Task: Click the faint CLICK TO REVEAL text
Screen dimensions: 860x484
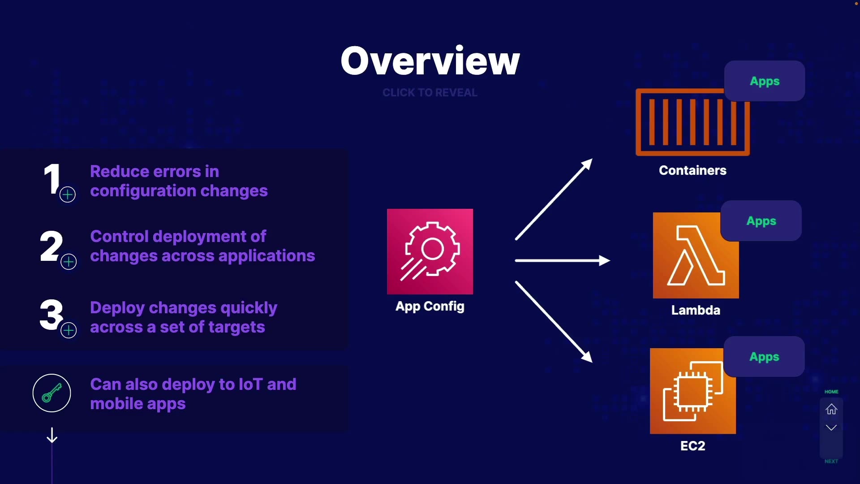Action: tap(430, 93)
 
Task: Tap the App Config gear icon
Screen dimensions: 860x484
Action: tap(430, 251)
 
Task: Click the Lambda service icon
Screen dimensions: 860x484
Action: tap(696, 255)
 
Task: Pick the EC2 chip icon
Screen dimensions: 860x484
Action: tap(692, 391)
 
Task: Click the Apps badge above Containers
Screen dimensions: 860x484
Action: tap(765, 81)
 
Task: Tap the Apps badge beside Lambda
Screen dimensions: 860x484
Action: tap(761, 221)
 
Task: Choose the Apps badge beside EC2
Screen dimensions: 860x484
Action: tap(764, 357)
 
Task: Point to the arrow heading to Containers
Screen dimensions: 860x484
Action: tap(554, 199)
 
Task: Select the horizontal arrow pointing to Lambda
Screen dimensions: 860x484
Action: tap(563, 260)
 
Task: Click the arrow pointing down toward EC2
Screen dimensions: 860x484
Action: tap(554, 322)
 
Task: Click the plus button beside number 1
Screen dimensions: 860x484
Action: tap(68, 194)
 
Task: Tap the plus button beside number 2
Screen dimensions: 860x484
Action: tap(69, 262)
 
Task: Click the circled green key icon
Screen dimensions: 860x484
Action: tap(52, 393)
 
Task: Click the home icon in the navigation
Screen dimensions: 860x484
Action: tap(831, 409)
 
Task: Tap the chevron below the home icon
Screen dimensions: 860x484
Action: tap(831, 428)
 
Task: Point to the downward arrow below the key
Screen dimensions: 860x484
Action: tap(52, 435)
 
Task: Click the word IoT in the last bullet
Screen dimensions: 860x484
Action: tap(251, 384)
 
